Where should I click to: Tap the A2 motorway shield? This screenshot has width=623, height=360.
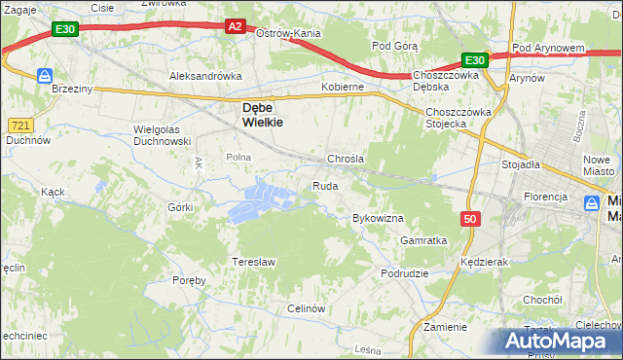235,27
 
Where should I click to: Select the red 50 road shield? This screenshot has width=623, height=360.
471,219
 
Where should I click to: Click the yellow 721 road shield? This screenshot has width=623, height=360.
19,126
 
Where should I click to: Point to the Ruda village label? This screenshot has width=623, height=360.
325,186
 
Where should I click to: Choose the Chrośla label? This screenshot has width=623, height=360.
346,159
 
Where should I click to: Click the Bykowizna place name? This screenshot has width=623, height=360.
378,219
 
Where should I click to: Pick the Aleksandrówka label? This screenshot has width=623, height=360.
205,75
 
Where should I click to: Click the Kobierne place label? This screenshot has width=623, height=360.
343,87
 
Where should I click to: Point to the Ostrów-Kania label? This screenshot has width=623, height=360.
288,33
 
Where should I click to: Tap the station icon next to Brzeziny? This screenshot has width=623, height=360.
45,75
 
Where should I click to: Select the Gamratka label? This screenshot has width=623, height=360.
423,240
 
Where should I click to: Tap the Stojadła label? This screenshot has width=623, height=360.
521,165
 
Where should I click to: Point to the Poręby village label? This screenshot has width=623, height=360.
190,280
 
